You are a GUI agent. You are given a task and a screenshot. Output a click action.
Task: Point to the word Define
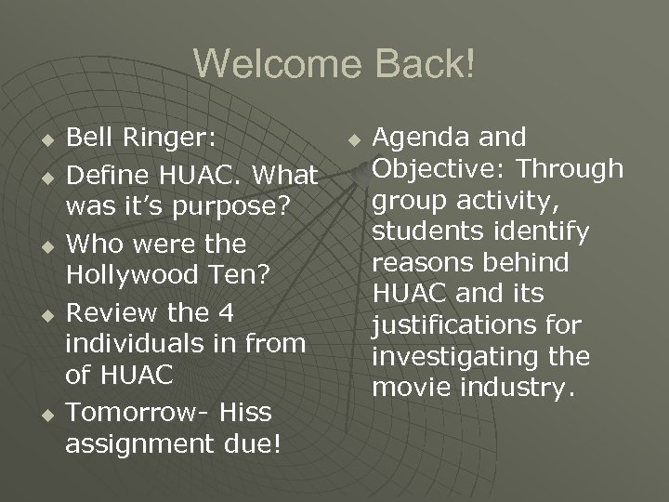[105, 174]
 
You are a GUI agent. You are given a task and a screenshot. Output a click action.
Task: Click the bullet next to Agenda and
[353, 140]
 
